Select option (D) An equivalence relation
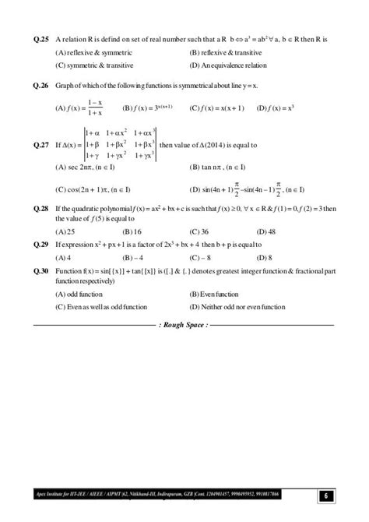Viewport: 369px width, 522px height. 228,66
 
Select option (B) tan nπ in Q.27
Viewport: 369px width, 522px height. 217,168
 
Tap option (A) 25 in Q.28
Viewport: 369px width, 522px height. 65,231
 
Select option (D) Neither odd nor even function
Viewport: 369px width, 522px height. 239,307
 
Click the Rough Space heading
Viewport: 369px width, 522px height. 184,323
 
